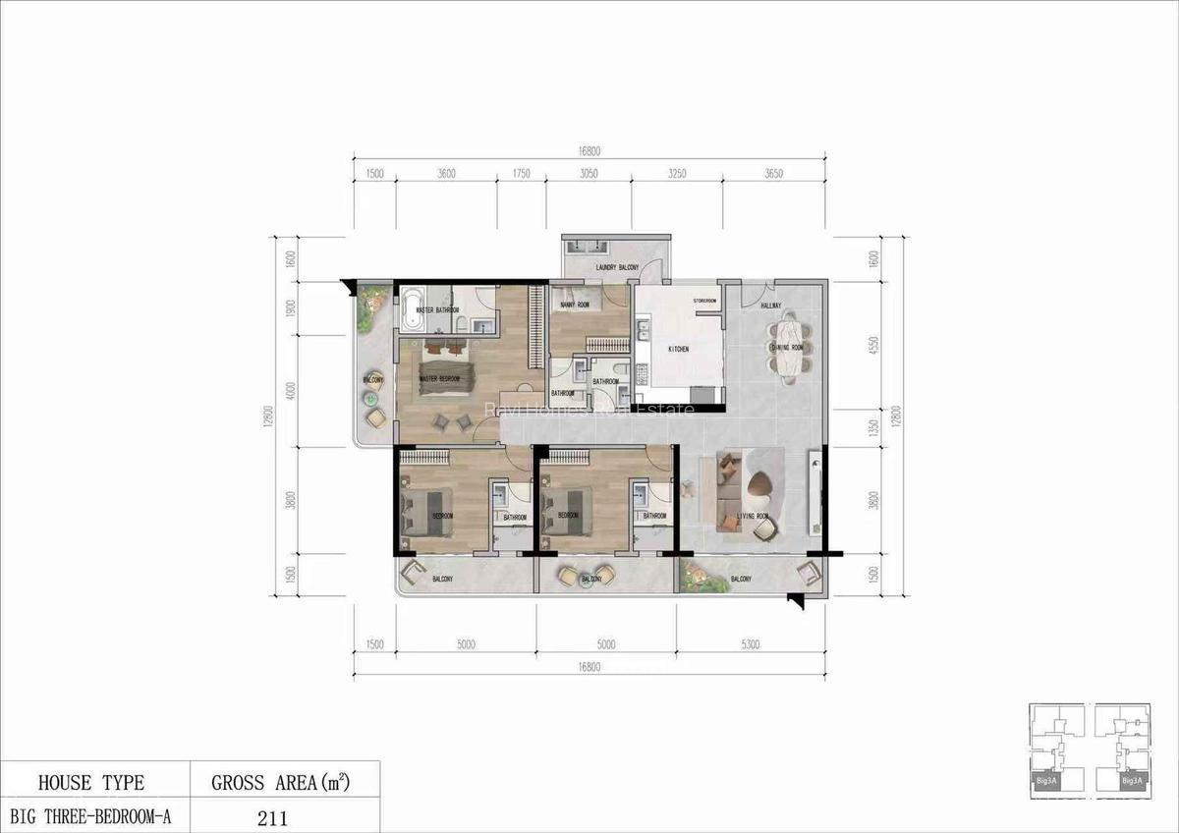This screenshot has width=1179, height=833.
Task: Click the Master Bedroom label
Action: (x=439, y=379)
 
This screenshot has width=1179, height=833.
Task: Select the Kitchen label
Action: (x=679, y=349)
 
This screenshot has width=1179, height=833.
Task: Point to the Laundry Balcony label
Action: (x=617, y=268)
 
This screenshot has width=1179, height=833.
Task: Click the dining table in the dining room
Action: (x=789, y=345)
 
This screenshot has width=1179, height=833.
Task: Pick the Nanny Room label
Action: (x=574, y=305)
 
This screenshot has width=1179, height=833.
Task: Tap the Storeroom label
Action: (x=704, y=301)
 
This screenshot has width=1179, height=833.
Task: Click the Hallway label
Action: (x=770, y=305)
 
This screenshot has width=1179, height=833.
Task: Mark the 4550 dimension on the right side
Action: (x=874, y=349)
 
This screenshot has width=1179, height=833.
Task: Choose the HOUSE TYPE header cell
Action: (x=90, y=783)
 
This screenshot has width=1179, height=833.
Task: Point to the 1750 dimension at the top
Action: (x=521, y=173)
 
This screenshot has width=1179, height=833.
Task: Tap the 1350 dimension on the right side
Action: (x=874, y=428)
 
